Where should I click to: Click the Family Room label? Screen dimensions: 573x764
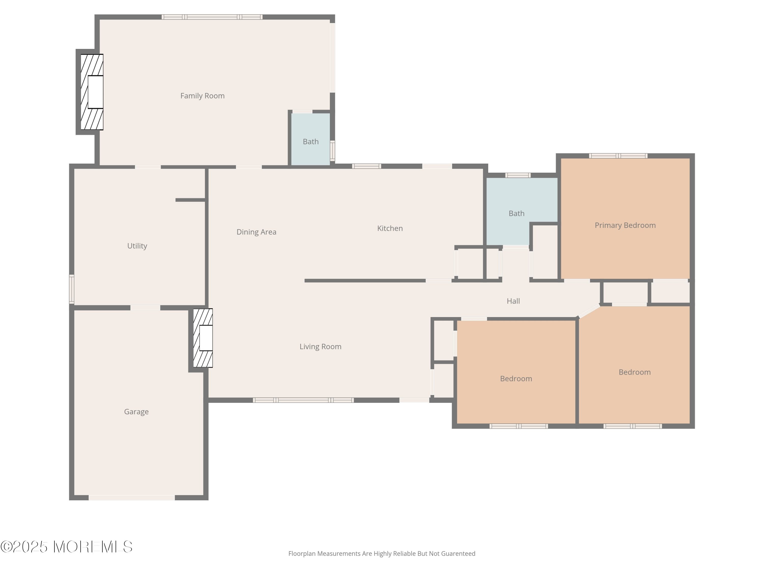(202, 96)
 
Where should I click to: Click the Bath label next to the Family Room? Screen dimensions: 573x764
(310, 142)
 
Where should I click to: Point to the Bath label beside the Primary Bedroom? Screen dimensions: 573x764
(516, 213)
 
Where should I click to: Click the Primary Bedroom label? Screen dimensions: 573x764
(625, 225)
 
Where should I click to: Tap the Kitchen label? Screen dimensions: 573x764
(390, 228)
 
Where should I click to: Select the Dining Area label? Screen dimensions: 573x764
(256, 232)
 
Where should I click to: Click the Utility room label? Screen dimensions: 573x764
(137, 246)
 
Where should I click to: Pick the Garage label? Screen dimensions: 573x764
(136, 412)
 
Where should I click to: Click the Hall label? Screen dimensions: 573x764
(513, 301)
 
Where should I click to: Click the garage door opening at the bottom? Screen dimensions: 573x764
(132, 497)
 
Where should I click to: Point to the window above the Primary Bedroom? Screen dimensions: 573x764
(618, 156)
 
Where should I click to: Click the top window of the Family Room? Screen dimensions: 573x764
(212, 17)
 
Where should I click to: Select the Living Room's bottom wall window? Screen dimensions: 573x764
(303, 400)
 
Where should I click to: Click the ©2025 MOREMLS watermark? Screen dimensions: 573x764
(66, 547)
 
